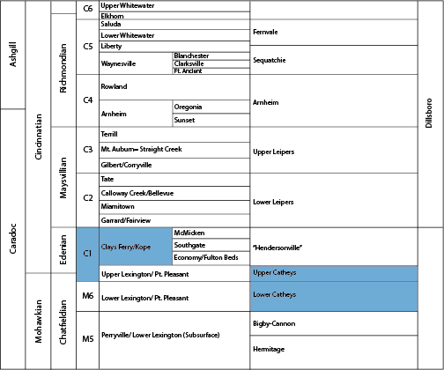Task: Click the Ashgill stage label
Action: tap(13, 55)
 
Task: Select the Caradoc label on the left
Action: tap(13, 239)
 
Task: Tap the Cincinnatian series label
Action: tap(39, 137)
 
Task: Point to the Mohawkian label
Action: tap(39, 322)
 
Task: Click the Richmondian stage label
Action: tap(63, 68)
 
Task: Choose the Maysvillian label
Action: tap(63, 178)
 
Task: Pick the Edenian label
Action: tap(63, 249)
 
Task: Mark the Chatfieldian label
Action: tap(63, 322)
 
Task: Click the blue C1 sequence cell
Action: tap(87, 255)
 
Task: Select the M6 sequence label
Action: tap(88, 296)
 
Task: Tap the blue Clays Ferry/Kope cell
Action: tap(136, 247)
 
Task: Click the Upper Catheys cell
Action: tap(334, 273)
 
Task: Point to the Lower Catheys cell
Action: tap(334, 296)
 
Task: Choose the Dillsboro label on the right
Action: tap(429, 113)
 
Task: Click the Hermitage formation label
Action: tap(269, 349)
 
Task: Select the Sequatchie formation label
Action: tap(270, 60)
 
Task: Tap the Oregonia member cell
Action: tap(211, 107)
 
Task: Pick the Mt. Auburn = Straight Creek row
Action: tap(174, 150)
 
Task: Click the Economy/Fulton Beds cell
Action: tap(211, 258)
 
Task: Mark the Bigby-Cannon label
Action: tap(274, 323)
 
